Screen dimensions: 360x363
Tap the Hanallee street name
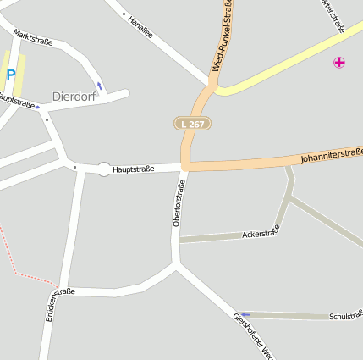(140, 26)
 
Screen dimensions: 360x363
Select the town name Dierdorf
(74, 96)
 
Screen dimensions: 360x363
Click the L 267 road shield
(192, 124)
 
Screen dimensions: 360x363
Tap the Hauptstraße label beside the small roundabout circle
(133, 169)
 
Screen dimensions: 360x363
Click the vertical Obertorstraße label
(179, 203)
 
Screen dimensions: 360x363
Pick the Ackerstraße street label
(261, 232)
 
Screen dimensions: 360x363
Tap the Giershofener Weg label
(252, 334)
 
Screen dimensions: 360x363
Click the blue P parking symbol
(10, 75)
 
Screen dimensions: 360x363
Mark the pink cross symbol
(339, 62)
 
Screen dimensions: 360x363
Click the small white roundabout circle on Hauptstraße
(104, 169)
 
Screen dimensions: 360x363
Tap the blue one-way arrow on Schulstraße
(245, 314)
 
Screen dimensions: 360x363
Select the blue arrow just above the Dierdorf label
(100, 86)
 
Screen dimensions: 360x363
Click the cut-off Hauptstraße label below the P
(16, 102)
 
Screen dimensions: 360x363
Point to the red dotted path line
(25, 274)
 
